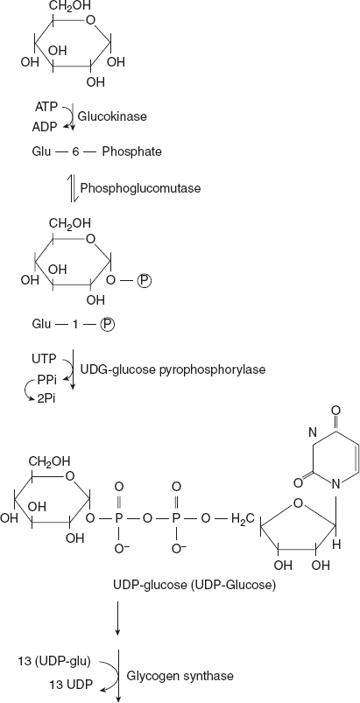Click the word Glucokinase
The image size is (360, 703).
click(x=112, y=116)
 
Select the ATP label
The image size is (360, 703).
click(x=46, y=107)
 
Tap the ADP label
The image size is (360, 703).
click(x=46, y=126)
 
